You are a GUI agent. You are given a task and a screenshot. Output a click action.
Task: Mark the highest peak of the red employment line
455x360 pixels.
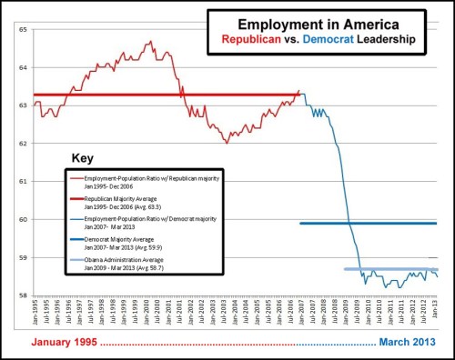[x=149, y=41]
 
